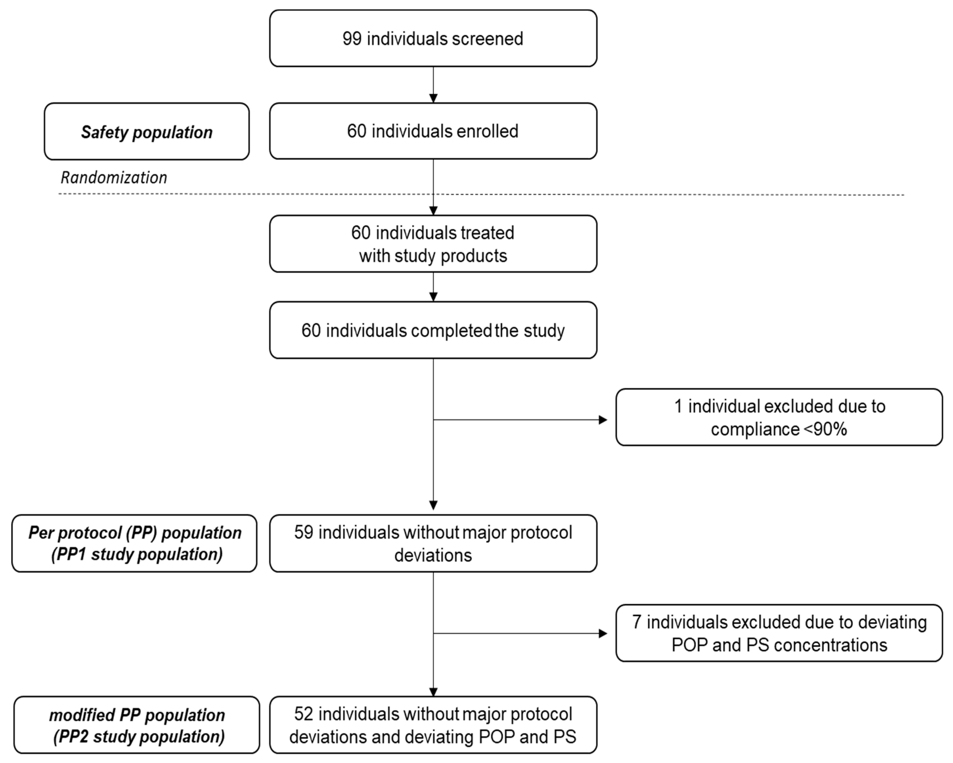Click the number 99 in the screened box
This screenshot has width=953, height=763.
(352, 39)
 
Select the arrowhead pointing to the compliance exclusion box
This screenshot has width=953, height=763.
(603, 420)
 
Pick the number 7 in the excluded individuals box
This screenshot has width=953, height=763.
(637, 622)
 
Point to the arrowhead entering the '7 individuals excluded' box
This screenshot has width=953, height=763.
(603, 633)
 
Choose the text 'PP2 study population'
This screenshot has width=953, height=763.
(139, 737)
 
